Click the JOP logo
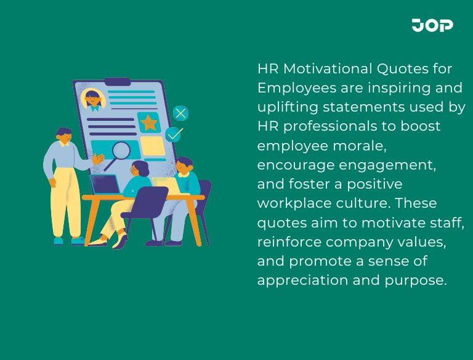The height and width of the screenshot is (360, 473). (x=432, y=25)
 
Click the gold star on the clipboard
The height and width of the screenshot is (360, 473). (x=148, y=122)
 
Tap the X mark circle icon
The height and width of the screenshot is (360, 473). (x=180, y=113)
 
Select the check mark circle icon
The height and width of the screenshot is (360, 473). (x=174, y=134)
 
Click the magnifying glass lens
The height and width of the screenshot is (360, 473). (x=121, y=150)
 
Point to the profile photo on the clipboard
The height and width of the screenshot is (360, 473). (x=93, y=99)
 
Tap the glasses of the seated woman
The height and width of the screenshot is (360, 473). (x=135, y=170)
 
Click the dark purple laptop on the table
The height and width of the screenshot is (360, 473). (x=105, y=184)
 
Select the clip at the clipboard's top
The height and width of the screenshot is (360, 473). (x=117, y=81)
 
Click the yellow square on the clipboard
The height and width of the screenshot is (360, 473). (x=153, y=146)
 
